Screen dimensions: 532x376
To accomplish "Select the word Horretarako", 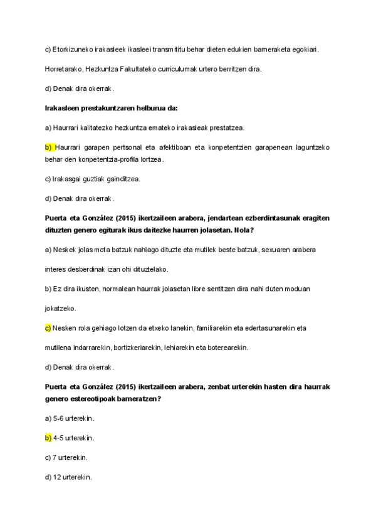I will (65, 69).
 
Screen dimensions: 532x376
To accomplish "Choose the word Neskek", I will (65, 250).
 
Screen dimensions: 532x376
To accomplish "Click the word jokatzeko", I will (61, 309).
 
